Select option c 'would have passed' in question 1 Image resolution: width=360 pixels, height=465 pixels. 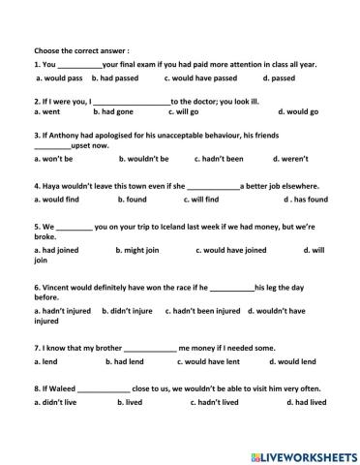(x=201, y=77)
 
